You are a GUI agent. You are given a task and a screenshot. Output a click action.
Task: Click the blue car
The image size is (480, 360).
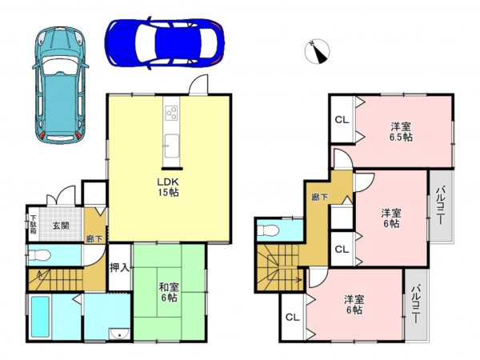[x=164, y=42]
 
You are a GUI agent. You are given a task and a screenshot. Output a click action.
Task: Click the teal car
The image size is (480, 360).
[x=60, y=85]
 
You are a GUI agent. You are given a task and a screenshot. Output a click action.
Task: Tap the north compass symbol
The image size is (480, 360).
[x=317, y=51]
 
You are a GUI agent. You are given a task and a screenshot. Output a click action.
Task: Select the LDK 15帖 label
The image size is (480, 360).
[x=168, y=187]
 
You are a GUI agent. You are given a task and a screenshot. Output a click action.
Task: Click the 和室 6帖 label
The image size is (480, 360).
[x=168, y=292]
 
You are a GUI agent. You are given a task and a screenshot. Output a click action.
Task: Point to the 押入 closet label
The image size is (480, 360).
[x=120, y=268]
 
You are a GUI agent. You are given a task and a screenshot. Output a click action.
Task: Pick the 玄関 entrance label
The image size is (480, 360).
[x=61, y=226]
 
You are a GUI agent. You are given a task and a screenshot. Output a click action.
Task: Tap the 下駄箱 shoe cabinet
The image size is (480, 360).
[x=33, y=224]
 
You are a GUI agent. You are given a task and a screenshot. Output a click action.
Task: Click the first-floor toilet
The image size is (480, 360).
[x=39, y=255]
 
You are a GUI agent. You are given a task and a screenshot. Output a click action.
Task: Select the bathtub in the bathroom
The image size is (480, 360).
[x=41, y=317]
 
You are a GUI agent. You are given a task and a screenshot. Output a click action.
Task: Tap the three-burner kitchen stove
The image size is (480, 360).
[x=171, y=113]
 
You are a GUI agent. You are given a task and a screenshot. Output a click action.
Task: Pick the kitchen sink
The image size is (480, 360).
[x=171, y=146]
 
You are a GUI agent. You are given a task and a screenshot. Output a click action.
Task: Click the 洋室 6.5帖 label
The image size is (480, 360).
[x=401, y=131]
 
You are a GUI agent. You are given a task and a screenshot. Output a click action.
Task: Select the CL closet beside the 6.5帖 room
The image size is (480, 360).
[x=342, y=120]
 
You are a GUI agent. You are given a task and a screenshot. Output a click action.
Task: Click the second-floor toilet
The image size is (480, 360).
[x=269, y=230]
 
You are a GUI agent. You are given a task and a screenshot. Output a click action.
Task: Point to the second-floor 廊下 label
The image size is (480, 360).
[x=319, y=198]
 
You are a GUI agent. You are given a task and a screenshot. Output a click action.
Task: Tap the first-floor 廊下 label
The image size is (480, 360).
[x=94, y=239]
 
